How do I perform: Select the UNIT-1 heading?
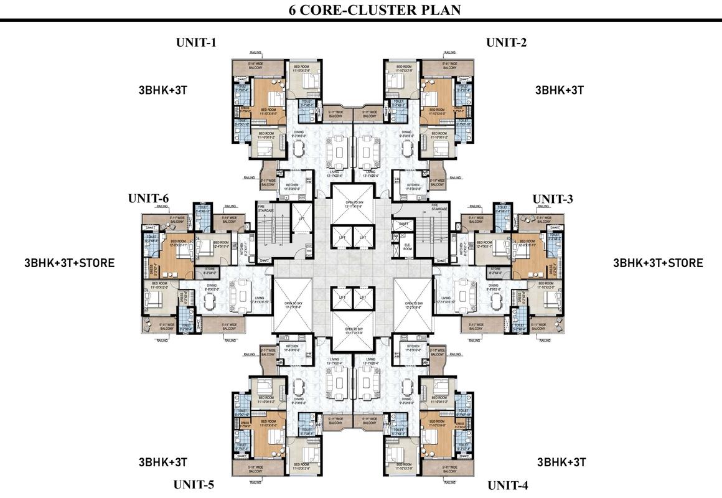196,43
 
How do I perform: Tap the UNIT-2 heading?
506,42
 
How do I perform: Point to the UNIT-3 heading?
553,199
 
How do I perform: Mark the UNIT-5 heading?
194,484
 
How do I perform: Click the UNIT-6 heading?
148,199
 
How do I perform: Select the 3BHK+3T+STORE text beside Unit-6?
69,263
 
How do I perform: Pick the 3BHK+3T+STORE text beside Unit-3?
658,263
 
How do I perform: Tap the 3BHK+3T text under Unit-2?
560,90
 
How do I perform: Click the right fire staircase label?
439,205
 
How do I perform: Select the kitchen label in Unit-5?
293,348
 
